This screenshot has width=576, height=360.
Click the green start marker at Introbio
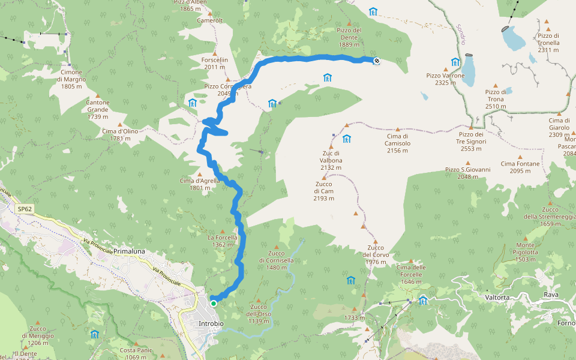point(214,304)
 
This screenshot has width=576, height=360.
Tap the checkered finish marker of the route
point(376,60)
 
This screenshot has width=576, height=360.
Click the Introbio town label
point(211,324)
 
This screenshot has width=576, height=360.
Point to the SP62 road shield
point(25,209)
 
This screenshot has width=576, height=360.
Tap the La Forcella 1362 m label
point(223,241)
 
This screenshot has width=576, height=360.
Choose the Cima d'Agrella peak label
point(199,184)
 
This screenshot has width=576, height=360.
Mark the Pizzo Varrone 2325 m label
point(445,79)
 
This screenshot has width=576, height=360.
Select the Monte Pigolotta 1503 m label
point(525,248)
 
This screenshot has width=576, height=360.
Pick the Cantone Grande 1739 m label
point(98,109)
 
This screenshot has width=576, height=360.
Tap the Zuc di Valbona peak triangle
point(330,146)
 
